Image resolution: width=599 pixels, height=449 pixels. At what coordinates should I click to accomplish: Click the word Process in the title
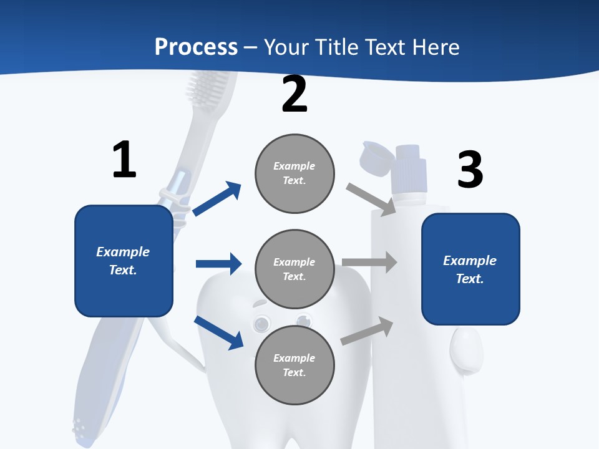pyautogui.click(x=196, y=47)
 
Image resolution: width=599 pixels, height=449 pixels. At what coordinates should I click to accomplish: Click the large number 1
pyautogui.click(x=124, y=160)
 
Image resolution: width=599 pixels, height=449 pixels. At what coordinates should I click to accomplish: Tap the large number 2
pyautogui.click(x=295, y=94)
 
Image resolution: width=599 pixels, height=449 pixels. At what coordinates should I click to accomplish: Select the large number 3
pyautogui.click(x=470, y=170)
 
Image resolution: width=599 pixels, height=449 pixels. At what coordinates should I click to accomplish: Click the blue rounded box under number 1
pyautogui.click(x=124, y=261)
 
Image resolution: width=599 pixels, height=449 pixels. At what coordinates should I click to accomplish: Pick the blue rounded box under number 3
pyautogui.click(x=470, y=269)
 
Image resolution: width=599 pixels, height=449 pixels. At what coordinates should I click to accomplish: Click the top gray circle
pyautogui.click(x=295, y=173)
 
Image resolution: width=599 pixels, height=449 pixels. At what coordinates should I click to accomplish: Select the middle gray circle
pyautogui.click(x=295, y=269)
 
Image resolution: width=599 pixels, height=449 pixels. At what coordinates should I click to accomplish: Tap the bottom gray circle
pyautogui.click(x=295, y=365)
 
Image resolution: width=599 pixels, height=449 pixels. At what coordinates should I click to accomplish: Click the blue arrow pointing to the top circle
pyautogui.click(x=217, y=199)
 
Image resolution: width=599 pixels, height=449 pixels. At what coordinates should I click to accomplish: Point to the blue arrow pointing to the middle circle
pyautogui.click(x=218, y=264)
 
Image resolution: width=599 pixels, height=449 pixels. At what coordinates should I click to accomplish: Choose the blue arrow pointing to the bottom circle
pyautogui.click(x=218, y=332)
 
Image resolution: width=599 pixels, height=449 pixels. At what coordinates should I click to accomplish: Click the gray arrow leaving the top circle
pyautogui.click(x=371, y=199)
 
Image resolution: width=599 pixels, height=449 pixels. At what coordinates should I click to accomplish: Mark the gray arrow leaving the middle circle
pyautogui.click(x=369, y=262)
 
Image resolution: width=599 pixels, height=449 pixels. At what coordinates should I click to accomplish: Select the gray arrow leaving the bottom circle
pyautogui.click(x=368, y=331)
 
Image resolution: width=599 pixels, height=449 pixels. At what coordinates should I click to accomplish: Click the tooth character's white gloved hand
pyautogui.click(x=465, y=349)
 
